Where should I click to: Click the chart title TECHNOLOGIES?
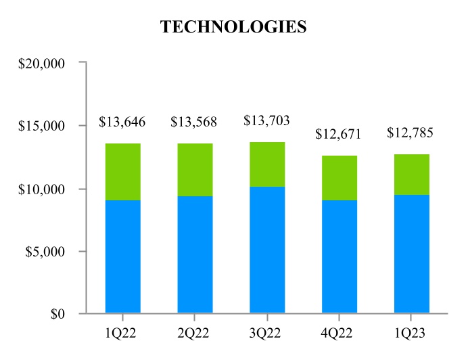pos(233,27)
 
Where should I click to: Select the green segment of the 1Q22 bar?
pos(122,172)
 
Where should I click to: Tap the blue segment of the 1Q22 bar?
pos(122,256)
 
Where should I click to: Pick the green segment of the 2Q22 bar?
pos(194,170)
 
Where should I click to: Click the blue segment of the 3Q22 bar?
pos(266,250)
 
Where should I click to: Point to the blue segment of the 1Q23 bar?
pos(411,254)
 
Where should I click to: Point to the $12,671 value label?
pos(339,134)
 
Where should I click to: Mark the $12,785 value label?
pos(410,133)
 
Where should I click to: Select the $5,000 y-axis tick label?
pos(46,252)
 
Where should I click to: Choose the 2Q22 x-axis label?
pos(194,334)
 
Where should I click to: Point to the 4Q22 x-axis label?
pos(339,334)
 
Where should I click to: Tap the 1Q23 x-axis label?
pos(411,334)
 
